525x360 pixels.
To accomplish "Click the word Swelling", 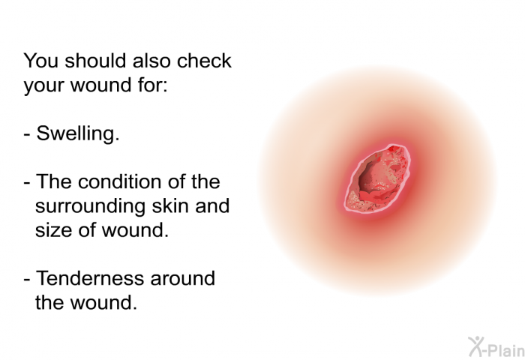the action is point(78,134).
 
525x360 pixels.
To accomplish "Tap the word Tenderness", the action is point(91,278).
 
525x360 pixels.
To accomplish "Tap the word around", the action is point(183,279).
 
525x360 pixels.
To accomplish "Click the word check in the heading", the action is point(204,61).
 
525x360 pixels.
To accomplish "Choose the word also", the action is point(151,61).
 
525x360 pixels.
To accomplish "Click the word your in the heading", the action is point(43,86).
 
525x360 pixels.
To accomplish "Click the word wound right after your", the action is point(100,85).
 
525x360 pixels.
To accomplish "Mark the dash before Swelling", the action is point(27,134).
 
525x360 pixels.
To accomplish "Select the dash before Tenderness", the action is point(27,280).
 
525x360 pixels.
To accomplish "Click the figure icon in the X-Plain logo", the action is point(475,346).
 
